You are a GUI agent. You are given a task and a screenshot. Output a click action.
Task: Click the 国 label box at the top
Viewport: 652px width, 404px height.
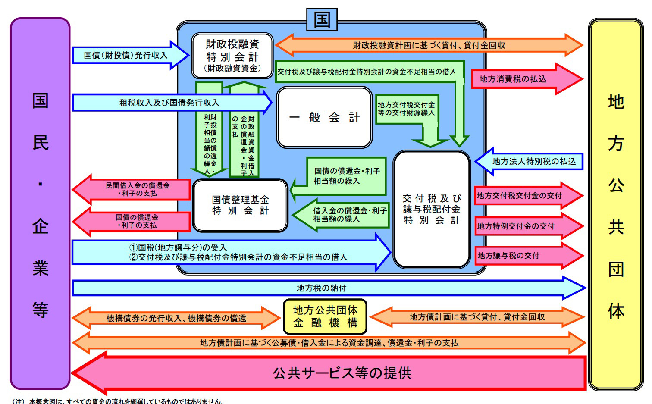tap(322, 20)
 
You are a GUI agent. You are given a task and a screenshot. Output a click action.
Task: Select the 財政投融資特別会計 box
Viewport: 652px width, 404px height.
tap(232, 56)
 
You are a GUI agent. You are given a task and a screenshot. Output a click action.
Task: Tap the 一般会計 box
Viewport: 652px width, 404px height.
tap(324, 117)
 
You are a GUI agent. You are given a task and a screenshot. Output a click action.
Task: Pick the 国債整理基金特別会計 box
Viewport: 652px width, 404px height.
tap(240, 205)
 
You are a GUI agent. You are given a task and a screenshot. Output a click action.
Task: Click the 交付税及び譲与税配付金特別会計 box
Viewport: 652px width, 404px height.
tap(432, 209)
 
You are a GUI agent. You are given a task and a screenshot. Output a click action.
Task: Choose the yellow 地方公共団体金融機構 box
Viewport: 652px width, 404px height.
tap(325, 316)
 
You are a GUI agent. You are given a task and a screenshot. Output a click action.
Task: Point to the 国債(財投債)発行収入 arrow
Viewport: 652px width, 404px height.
tap(126, 55)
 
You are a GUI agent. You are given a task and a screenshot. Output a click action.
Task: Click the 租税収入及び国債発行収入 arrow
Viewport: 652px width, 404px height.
tap(169, 103)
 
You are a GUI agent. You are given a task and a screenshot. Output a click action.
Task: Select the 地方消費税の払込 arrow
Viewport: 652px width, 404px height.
tap(513, 79)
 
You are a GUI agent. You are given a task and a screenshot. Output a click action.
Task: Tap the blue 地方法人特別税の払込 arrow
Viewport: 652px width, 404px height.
tap(534, 162)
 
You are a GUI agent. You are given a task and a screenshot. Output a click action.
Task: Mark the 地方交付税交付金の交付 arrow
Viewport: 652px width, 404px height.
tap(520, 196)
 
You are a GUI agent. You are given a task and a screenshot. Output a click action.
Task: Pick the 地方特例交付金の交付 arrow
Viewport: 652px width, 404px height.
tap(516, 226)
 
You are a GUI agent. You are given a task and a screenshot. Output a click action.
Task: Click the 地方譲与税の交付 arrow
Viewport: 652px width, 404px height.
tap(509, 256)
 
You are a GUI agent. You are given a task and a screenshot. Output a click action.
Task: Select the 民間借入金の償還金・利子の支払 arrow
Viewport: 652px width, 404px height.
tap(138, 189)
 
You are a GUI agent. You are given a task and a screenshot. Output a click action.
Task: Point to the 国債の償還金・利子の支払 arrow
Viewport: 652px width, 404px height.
tap(137, 221)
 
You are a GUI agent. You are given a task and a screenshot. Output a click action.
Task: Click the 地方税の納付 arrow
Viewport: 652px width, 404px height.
tap(321, 288)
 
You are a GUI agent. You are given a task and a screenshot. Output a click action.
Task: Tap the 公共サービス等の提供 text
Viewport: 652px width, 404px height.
tap(342, 373)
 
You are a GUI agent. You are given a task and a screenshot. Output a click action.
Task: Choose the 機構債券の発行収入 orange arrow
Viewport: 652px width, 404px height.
tap(176, 318)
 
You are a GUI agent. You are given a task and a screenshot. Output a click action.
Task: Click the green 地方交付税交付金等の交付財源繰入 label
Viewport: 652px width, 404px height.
tap(406, 109)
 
